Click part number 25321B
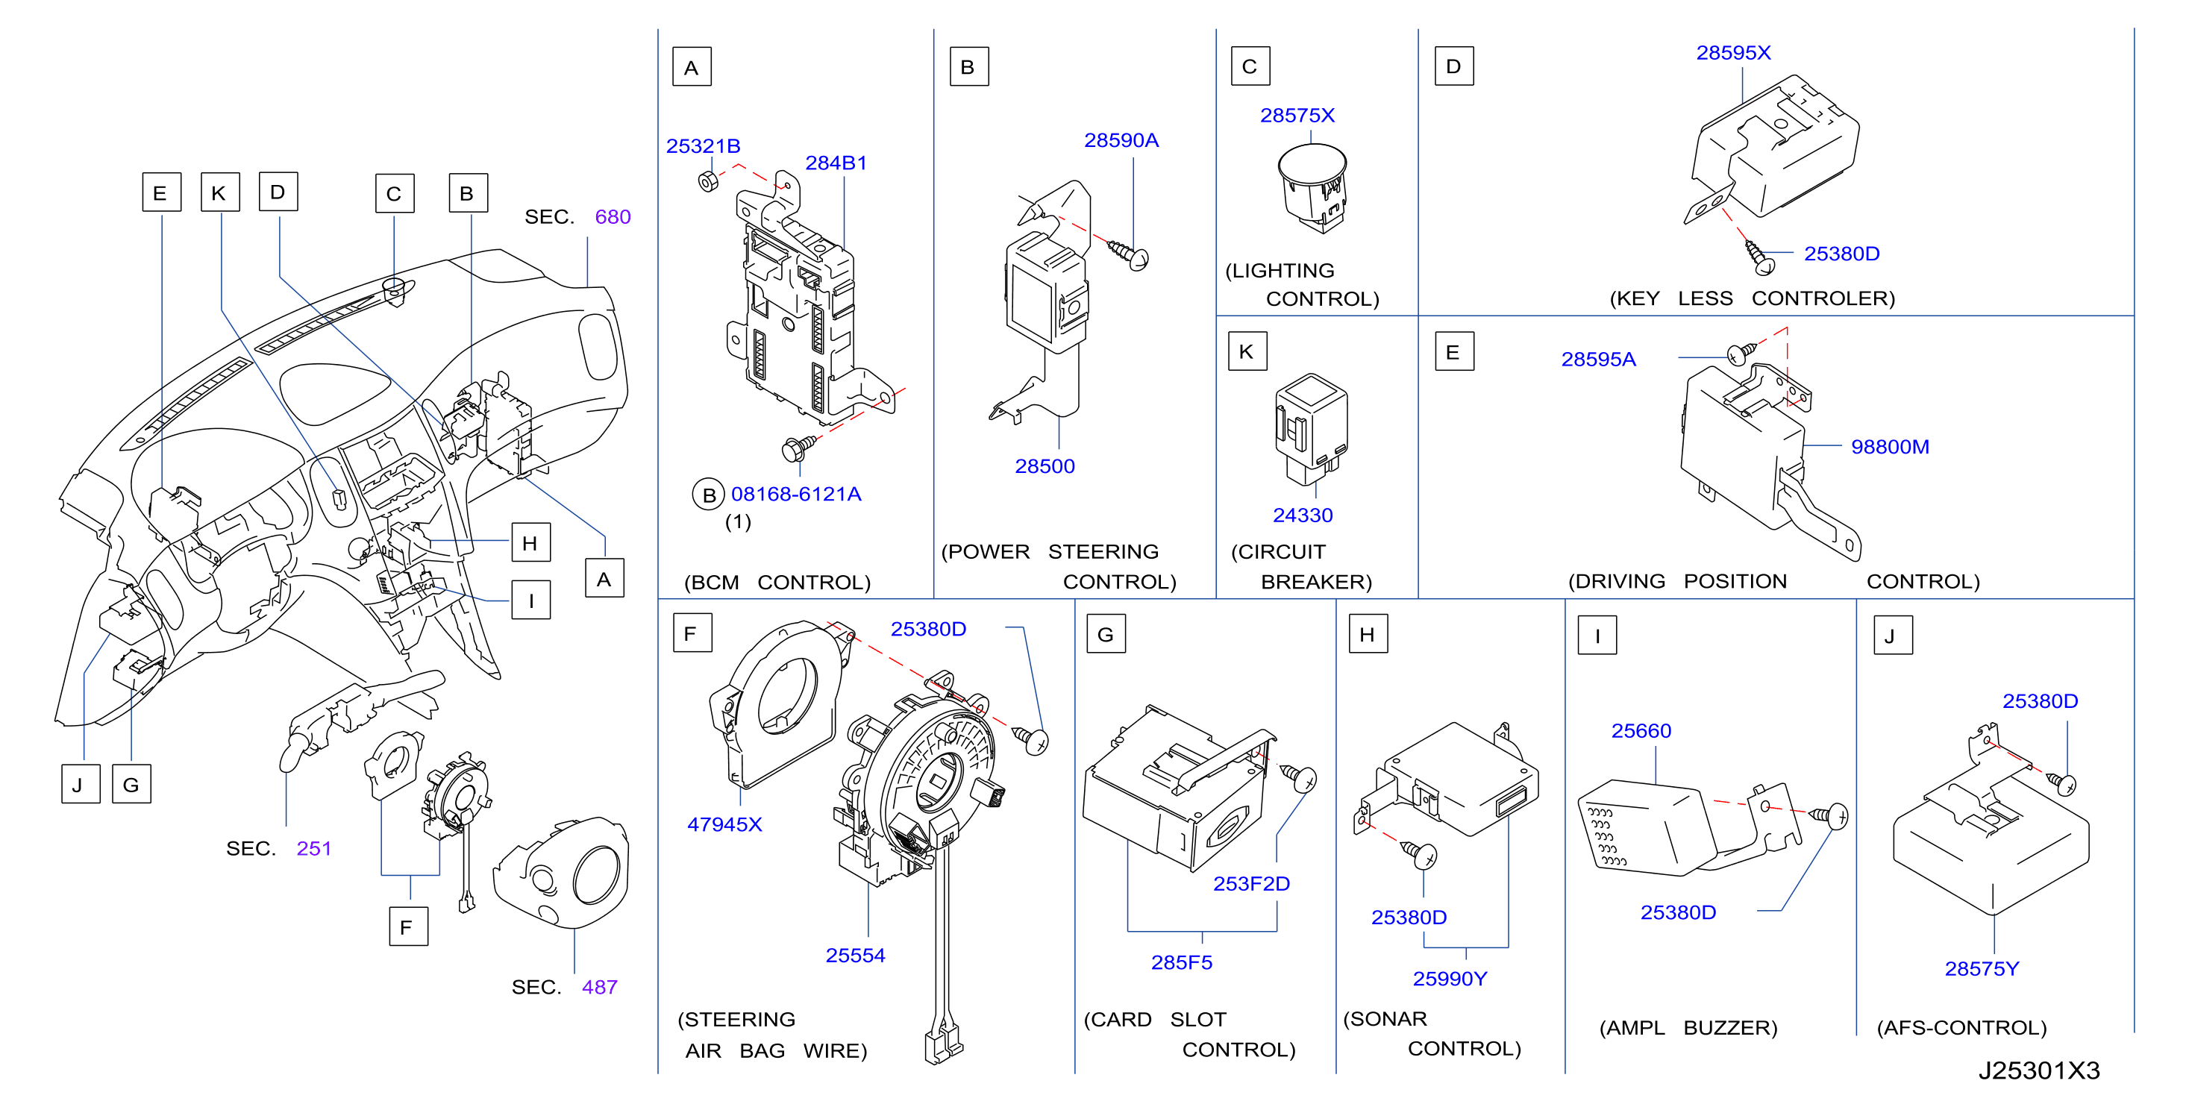tap(703, 146)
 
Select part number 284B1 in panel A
tap(836, 163)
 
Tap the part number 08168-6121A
tap(796, 495)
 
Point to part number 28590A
tap(1121, 140)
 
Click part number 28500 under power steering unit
tap(1045, 466)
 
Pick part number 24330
tap(1303, 515)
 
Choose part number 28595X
tap(1734, 53)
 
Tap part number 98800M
tap(1890, 447)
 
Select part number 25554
tap(855, 956)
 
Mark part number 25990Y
tap(1450, 979)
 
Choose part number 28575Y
tap(1982, 969)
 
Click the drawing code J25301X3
tap(2038, 1070)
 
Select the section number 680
tap(613, 218)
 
